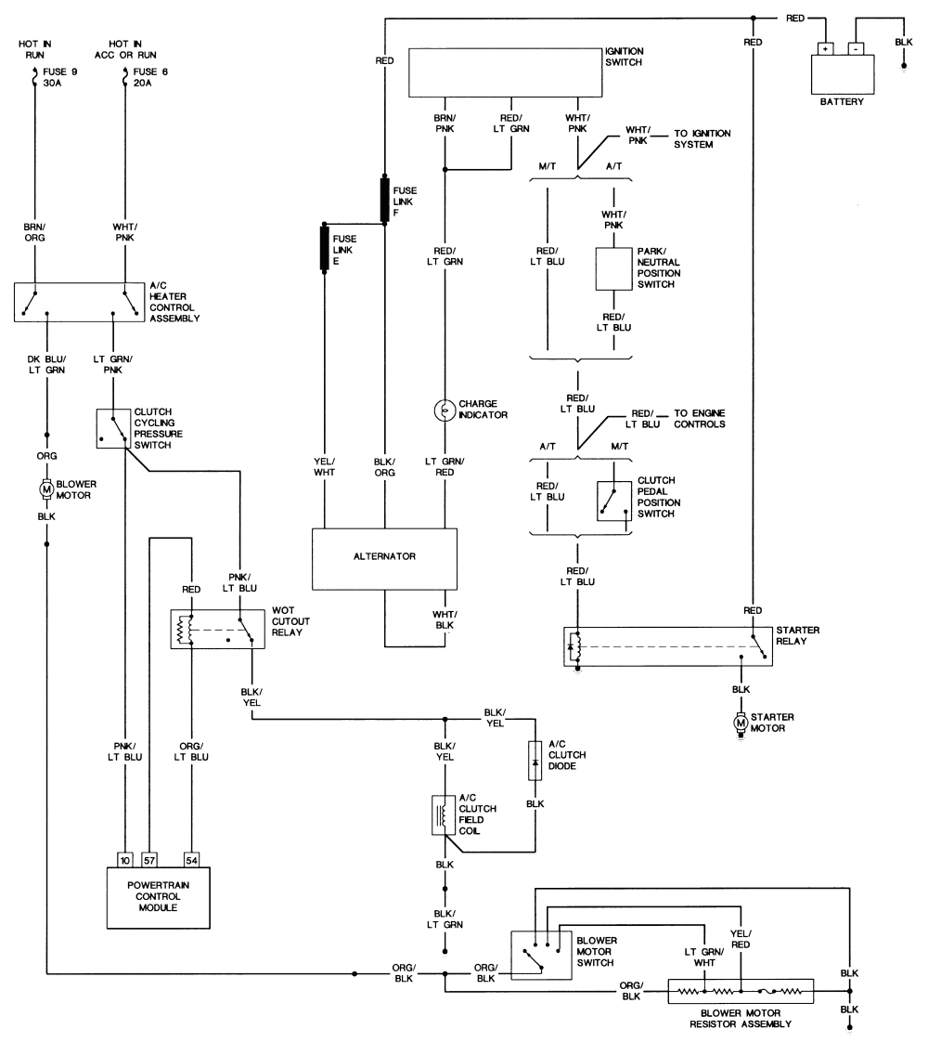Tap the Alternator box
(x=384, y=558)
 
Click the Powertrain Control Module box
(x=159, y=895)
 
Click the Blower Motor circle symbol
(x=45, y=488)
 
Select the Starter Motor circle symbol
(x=740, y=722)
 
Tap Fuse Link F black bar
(x=383, y=200)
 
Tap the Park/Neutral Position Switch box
(x=612, y=270)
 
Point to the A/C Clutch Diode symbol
(x=535, y=760)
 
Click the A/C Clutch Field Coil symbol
(x=443, y=815)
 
